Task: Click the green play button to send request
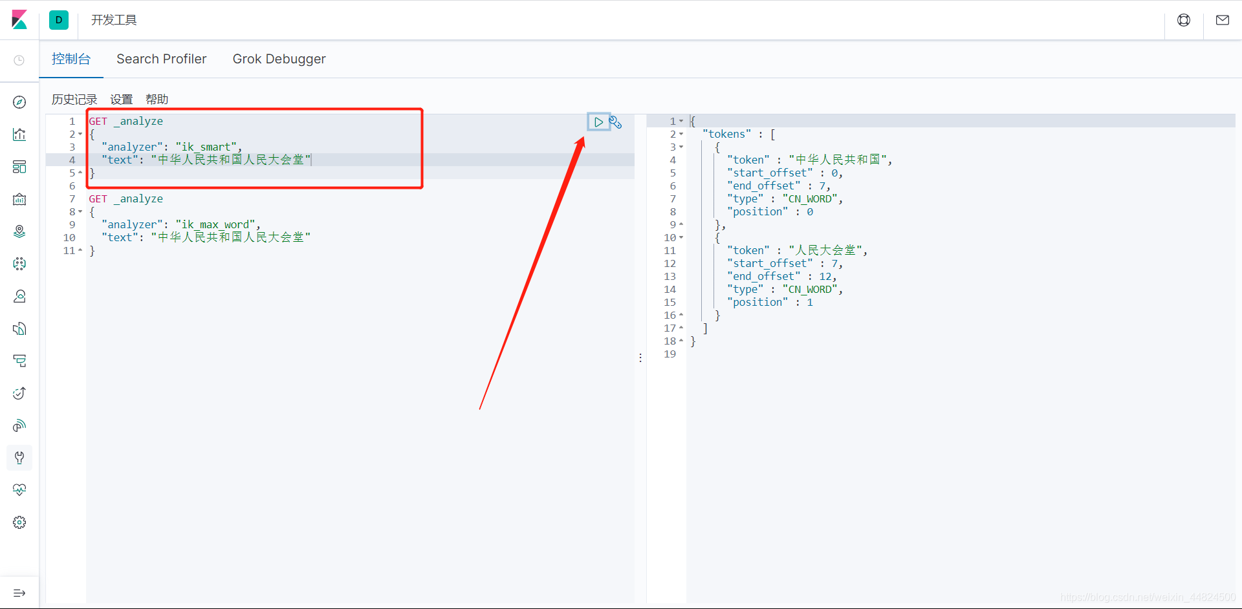point(598,122)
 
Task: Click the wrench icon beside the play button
point(615,122)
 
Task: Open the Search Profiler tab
point(162,59)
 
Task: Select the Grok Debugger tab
point(279,59)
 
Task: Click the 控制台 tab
point(71,59)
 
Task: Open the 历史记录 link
point(74,100)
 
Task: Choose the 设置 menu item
point(122,100)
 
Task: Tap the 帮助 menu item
point(157,100)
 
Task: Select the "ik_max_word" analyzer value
point(216,224)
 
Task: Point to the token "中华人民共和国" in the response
point(838,160)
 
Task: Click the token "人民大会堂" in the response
point(825,250)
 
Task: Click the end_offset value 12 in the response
point(825,276)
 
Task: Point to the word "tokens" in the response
point(727,134)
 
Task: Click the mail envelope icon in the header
point(1223,20)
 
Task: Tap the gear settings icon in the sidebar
point(19,522)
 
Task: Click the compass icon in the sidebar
point(19,102)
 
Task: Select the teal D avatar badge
point(59,20)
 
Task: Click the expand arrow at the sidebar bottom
point(19,593)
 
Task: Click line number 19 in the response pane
point(670,354)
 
